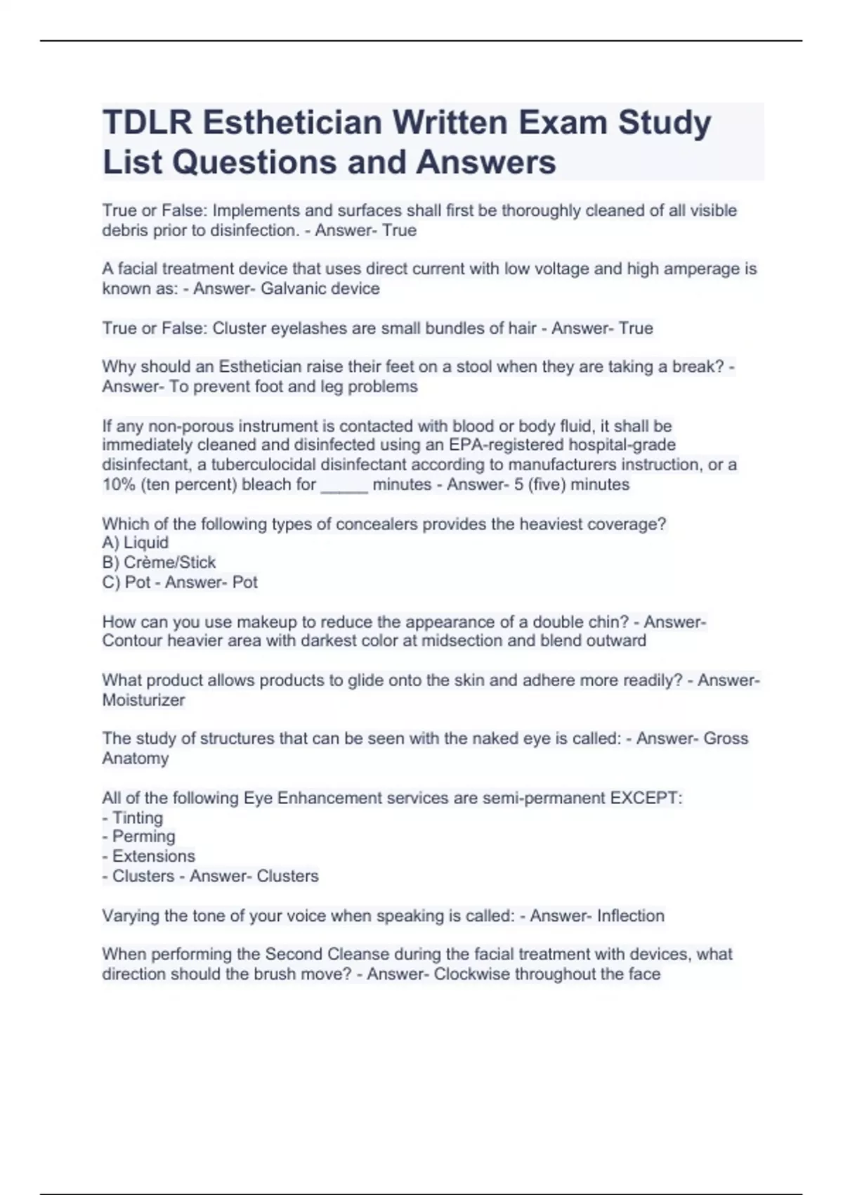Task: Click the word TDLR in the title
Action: tap(147, 122)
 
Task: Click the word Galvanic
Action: tap(292, 289)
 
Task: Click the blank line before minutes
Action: tap(344, 486)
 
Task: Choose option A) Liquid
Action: tap(136, 543)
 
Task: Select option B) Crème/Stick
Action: tap(159, 562)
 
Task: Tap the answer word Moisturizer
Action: tap(143, 700)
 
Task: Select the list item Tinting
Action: tap(137, 818)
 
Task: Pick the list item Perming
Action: tap(143, 836)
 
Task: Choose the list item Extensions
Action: tap(153, 856)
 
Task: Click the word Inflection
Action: tap(630, 916)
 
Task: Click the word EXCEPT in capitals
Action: tap(645, 799)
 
